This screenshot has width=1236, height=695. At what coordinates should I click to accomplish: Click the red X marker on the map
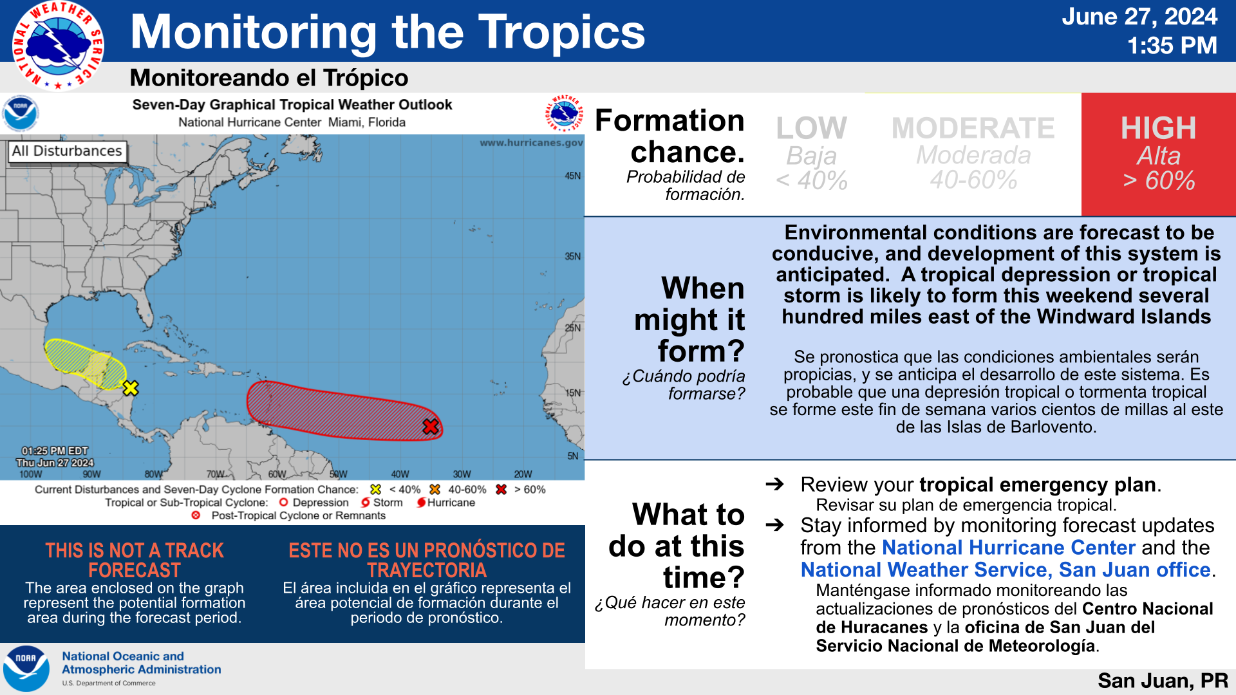pos(431,426)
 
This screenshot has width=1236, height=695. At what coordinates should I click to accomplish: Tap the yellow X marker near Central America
pos(131,388)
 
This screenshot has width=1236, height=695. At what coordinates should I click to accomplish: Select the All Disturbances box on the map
pos(67,151)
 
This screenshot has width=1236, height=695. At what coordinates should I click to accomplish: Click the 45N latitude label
pos(572,176)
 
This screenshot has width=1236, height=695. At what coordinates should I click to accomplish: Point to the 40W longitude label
pos(400,474)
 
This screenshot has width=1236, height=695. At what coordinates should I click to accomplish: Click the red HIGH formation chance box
pos(1158,154)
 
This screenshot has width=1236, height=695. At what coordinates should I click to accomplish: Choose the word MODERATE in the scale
pos(973,128)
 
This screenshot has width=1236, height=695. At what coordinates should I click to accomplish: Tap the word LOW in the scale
pos(811,128)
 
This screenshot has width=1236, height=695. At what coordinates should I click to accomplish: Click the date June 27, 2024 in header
pos(1139,17)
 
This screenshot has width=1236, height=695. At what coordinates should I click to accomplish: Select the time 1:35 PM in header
pos(1172,46)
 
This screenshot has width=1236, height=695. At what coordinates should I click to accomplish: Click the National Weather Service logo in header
pos(58,46)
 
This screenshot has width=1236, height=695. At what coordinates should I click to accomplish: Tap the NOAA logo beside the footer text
pos(26,669)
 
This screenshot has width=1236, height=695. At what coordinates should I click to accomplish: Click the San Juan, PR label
pos(1163,680)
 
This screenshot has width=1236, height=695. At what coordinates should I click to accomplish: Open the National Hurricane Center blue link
pos(1008,548)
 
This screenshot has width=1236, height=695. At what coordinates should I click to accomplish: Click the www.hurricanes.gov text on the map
pos(531,143)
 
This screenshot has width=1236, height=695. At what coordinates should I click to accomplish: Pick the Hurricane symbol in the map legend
pos(421,503)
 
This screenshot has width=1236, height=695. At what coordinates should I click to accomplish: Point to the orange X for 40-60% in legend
pos(435,490)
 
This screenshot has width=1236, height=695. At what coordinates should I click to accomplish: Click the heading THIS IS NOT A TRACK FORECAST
pos(135,560)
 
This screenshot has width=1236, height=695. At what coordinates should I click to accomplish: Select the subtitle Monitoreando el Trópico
pos(269,78)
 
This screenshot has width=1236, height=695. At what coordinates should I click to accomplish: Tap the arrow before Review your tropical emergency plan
pos(774,484)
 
